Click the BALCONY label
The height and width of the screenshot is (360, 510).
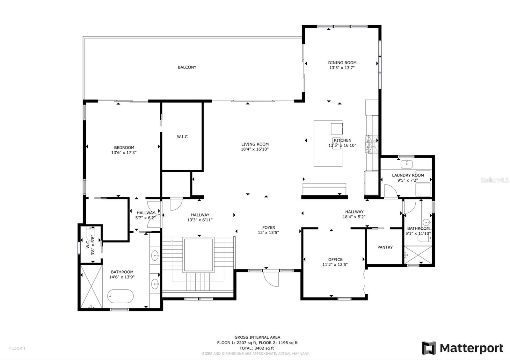click(187, 67)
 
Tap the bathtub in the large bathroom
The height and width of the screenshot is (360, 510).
click(120, 296)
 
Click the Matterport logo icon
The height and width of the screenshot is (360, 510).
click(429, 348)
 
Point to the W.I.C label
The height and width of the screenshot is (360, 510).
click(182, 137)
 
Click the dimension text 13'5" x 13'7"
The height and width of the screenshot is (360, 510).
click(342, 68)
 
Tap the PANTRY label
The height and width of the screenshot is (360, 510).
click(385, 247)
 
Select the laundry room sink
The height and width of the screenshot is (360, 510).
click(406, 164)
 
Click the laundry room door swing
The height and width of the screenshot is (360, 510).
click(390, 191)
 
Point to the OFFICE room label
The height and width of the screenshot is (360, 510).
click(335, 259)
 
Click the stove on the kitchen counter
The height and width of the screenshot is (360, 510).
click(371, 142)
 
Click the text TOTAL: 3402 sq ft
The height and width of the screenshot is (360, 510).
click(257, 348)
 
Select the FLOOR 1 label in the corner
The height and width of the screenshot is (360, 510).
click(17, 348)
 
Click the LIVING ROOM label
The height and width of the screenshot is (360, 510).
click(255, 144)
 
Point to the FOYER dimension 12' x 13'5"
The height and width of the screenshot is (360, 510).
click(268, 233)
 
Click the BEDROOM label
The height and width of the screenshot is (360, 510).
click(124, 148)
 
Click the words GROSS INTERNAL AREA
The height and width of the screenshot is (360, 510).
click(257, 337)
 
